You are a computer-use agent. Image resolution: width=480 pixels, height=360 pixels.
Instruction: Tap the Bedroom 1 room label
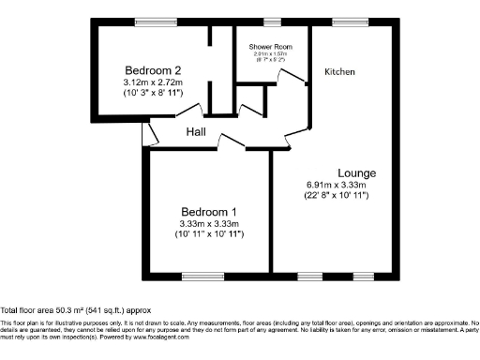(x=209, y=211)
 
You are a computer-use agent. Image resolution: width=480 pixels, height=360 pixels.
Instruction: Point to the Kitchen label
(x=339, y=71)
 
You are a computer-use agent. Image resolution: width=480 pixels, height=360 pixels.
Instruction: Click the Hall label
(x=196, y=132)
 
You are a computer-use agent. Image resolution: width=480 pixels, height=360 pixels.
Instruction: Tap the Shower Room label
(x=271, y=47)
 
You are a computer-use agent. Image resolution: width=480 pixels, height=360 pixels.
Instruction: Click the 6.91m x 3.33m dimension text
(x=335, y=185)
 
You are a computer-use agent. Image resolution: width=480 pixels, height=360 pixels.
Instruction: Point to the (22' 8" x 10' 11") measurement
(x=335, y=196)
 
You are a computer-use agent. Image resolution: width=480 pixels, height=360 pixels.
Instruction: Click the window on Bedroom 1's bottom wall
(x=198, y=275)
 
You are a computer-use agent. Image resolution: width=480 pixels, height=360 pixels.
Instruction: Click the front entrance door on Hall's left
(x=145, y=134)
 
